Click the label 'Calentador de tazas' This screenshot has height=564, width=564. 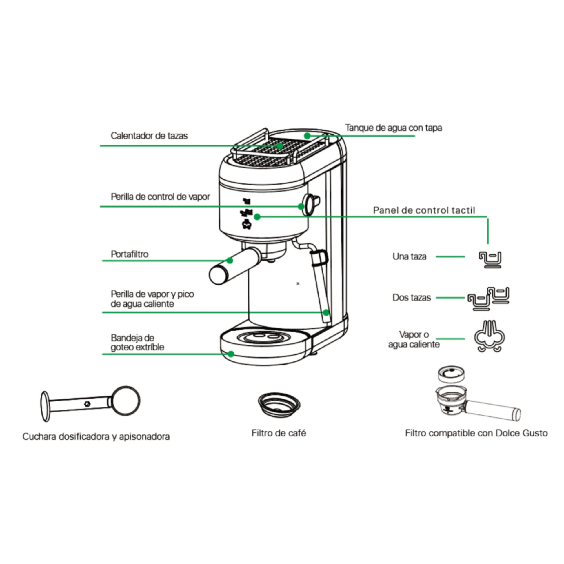pos(149,136)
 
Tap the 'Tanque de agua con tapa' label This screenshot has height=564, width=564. pos(393,128)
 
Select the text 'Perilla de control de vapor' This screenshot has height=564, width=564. pos(160,197)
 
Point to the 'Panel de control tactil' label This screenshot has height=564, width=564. pos(424,210)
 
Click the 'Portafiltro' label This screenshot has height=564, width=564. pos(130,254)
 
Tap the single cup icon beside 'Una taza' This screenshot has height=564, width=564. pos(490,259)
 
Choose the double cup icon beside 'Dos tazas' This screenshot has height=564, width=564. pos(489,298)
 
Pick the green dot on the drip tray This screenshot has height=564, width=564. pos(231,354)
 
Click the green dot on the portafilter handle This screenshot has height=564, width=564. pos(230,260)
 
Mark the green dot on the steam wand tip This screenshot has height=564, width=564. pos(326,312)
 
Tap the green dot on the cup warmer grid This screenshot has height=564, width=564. pos(280,145)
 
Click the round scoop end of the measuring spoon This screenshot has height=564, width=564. pos(126,401)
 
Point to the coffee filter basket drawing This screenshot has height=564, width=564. pos(279,405)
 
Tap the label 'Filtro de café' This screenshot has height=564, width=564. pos(279,433)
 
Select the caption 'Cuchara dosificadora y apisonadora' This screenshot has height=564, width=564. pos(96,437)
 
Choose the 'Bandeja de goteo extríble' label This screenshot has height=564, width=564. pos(137,343)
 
